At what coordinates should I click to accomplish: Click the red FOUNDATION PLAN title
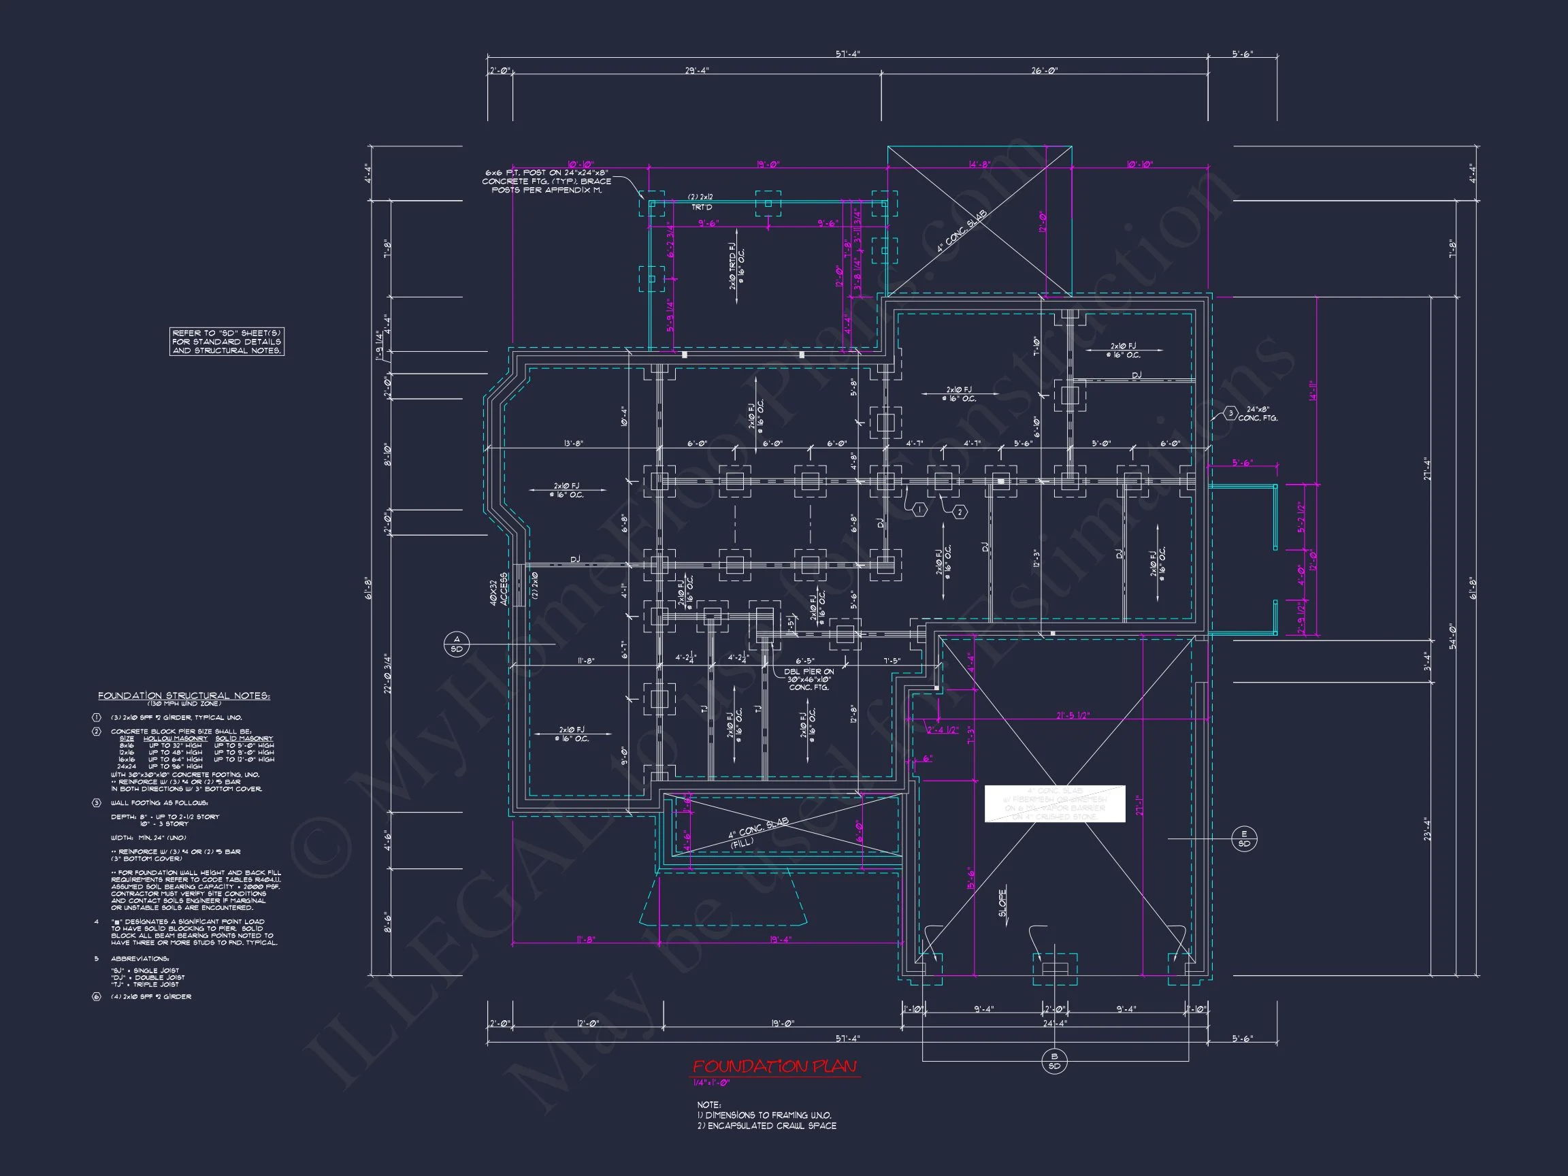(x=774, y=1066)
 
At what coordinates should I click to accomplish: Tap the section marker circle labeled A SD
(x=457, y=644)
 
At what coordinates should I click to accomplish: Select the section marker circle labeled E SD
(x=1244, y=838)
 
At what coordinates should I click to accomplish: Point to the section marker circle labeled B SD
(x=1054, y=1061)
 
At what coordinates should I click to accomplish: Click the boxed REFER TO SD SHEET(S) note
(x=227, y=342)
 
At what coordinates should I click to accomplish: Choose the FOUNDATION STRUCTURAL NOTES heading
(x=184, y=696)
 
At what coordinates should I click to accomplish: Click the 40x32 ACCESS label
(x=499, y=589)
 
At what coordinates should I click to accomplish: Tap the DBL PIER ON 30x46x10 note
(x=808, y=679)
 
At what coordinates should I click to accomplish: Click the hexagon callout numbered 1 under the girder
(x=919, y=510)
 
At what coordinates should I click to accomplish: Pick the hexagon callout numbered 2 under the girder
(x=960, y=512)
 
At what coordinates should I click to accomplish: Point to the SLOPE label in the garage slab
(x=1003, y=903)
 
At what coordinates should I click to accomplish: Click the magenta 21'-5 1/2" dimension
(x=1073, y=716)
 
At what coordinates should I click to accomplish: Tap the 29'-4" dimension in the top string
(x=696, y=71)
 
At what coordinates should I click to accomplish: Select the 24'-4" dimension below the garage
(x=1054, y=1023)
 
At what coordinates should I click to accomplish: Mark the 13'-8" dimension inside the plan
(x=574, y=444)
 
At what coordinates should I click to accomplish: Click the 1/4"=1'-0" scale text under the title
(x=710, y=1083)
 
